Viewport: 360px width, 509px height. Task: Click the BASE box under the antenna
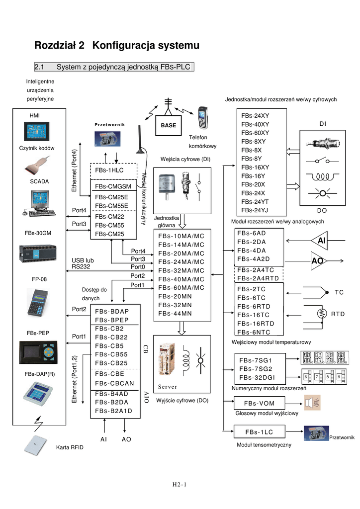coord(169,126)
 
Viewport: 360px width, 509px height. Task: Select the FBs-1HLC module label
coord(109,170)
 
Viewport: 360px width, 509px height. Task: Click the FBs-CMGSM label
coord(113,186)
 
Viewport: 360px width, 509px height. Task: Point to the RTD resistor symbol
coord(320,314)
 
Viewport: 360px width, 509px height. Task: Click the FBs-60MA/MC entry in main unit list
coord(181,287)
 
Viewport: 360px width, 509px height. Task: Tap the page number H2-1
coord(180,484)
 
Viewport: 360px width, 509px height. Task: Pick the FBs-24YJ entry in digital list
coord(255,210)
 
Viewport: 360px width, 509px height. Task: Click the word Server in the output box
coord(168,387)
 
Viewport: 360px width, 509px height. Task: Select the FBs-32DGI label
coord(257,377)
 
